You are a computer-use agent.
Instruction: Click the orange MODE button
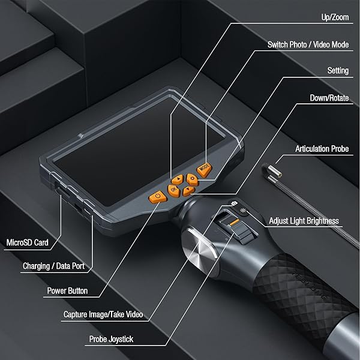click(204, 169)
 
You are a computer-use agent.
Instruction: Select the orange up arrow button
click(178, 179)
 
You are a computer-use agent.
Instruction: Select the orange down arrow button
click(188, 191)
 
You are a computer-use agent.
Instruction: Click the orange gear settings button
click(192, 179)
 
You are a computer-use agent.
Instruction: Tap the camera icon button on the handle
click(234, 203)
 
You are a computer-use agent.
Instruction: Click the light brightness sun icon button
click(242, 211)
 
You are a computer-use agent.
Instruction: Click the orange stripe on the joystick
click(235, 223)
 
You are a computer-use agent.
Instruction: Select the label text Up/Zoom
click(335, 17)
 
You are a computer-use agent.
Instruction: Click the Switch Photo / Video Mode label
click(308, 44)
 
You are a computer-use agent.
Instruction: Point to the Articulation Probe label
click(322, 149)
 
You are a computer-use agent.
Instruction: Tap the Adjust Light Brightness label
click(304, 221)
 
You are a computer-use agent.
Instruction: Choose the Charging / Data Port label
click(54, 266)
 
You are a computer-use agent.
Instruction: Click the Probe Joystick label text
click(111, 339)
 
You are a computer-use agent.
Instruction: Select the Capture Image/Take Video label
click(103, 314)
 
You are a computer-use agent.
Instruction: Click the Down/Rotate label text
click(329, 98)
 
